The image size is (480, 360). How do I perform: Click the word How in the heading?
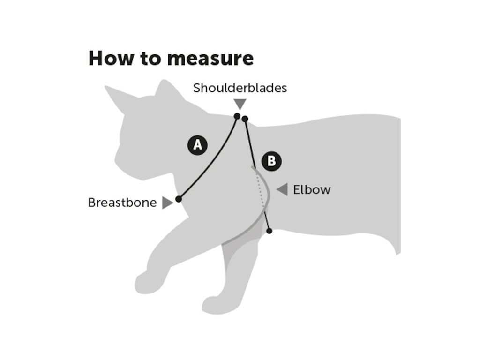(108, 58)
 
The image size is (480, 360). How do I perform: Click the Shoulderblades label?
(240, 88)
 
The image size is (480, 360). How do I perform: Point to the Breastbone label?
(122, 202)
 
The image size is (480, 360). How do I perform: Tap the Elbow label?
(312, 190)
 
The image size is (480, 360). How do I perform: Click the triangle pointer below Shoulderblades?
(240, 104)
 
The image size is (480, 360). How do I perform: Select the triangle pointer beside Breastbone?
(167, 203)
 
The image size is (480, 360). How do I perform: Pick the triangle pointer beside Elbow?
(282, 190)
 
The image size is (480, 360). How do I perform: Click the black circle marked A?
(198, 145)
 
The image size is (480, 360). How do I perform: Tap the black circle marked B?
(271, 161)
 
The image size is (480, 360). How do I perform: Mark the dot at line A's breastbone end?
(179, 199)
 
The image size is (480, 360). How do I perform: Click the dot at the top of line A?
(237, 116)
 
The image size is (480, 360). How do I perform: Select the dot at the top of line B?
(245, 119)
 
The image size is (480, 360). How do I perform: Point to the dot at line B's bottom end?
(269, 231)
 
